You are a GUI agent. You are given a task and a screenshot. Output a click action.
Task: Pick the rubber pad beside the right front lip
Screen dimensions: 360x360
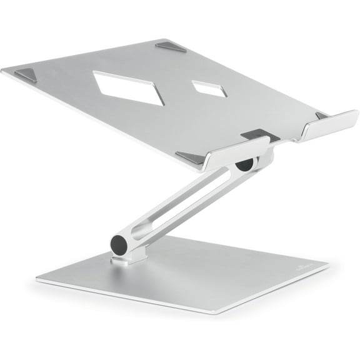click(322, 116)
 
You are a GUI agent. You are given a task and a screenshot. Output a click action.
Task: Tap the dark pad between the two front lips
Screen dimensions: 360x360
click(252, 134)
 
